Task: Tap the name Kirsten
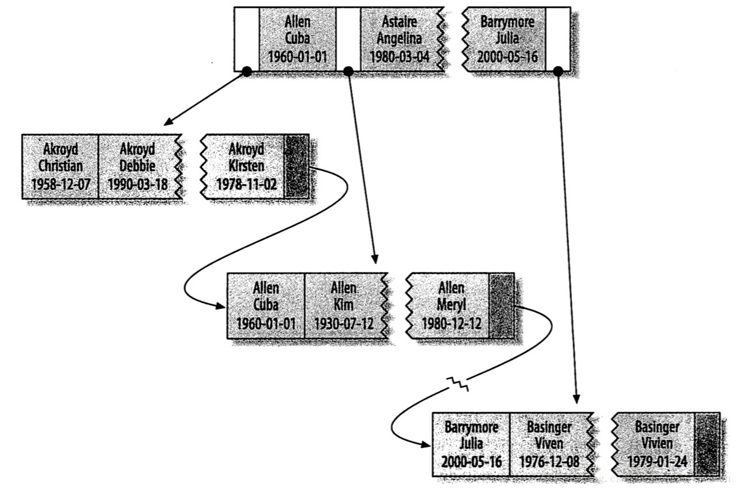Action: pos(247,167)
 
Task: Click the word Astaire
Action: pos(399,22)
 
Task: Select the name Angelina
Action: pos(399,39)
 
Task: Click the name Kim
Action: pos(343,305)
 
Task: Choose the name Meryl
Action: pos(451,305)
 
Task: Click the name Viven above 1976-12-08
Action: pos(548,445)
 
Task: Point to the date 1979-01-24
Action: pos(657,462)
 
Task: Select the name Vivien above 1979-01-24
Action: pos(657,445)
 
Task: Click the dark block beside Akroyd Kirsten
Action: pos(297,167)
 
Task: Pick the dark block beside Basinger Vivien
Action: pos(707,444)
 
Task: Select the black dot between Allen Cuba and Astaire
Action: pos(348,71)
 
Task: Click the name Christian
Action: pos(60,167)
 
